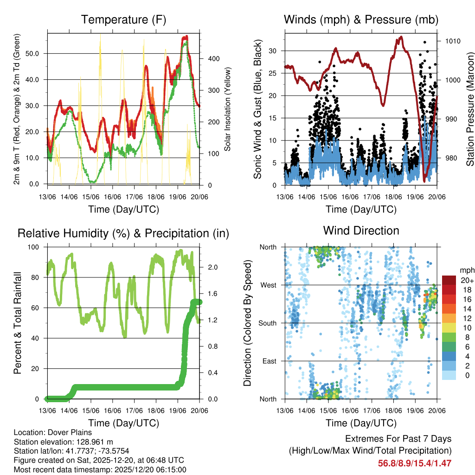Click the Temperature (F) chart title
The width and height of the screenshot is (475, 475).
pos(123,19)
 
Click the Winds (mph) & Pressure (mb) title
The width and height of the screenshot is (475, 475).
pos(361,19)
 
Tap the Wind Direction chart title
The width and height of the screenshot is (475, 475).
pos(361,230)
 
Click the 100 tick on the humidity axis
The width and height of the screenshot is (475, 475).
pos(35,247)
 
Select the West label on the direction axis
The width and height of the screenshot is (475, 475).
pos(268,285)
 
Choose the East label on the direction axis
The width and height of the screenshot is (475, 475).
pos(269,361)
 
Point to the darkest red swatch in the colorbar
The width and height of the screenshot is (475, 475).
pos(449,280)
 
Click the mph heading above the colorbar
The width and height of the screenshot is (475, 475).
pos(466,270)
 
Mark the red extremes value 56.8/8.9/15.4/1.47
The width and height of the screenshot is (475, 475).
pos(414,463)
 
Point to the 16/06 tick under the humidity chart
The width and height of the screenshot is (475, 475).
pos(113,411)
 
